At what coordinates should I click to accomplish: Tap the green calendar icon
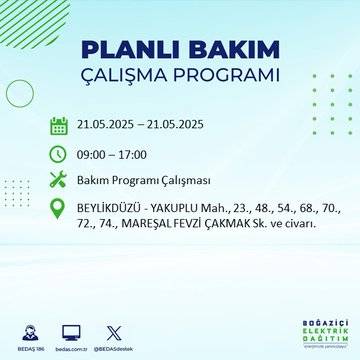tap(58, 125)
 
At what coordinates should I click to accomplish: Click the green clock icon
tap(58, 154)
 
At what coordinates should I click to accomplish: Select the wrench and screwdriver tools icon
tap(58, 182)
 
